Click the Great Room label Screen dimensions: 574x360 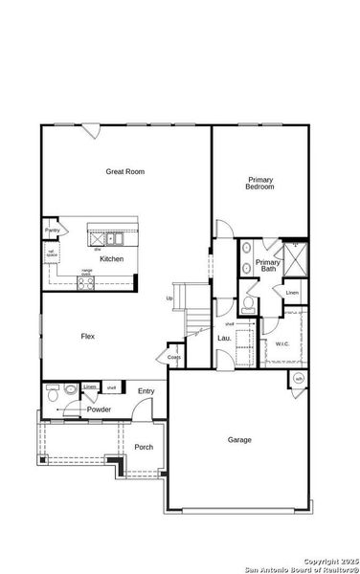(125, 172)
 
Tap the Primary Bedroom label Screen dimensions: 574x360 (260, 183)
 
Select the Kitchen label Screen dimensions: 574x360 (112, 259)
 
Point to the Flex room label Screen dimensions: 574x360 (87, 336)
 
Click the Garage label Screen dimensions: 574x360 (239, 440)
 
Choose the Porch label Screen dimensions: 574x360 (144, 447)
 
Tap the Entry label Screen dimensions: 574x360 (146, 390)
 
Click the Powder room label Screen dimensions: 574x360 (100, 409)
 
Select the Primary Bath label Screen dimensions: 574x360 (269, 265)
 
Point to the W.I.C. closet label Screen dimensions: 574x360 (282, 343)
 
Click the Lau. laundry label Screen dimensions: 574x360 (224, 338)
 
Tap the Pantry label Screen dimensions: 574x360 (52, 231)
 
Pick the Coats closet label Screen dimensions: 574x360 (174, 358)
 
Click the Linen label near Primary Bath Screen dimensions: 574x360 (292, 293)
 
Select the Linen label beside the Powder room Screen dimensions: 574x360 (89, 386)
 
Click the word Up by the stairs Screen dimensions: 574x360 (169, 298)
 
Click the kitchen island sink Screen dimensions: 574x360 (112, 238)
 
